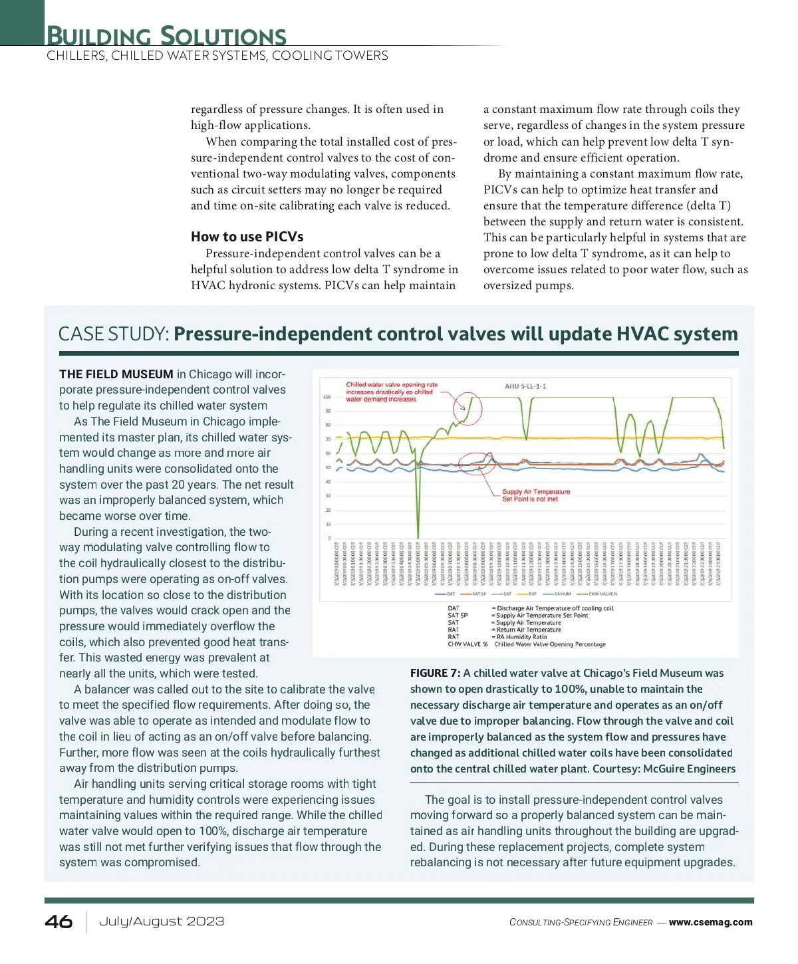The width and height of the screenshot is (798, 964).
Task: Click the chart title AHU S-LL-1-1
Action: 525,386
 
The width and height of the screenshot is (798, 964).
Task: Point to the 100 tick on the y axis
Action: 327,398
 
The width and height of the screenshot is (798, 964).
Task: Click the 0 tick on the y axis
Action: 329,539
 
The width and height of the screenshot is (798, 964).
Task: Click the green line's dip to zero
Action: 418,536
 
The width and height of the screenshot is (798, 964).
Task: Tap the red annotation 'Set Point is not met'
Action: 530,499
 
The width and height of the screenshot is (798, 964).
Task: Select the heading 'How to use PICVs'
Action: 247,237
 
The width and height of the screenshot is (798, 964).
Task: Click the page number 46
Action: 59,921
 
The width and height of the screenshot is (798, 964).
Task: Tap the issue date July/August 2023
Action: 162,921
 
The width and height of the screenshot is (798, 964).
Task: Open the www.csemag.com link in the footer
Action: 710,922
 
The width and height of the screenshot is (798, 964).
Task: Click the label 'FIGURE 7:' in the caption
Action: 435,673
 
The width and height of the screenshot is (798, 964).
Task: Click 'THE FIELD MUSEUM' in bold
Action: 116,374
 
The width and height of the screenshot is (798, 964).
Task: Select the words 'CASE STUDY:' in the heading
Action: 114,334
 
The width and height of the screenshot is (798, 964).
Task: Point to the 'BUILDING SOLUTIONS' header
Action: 166,35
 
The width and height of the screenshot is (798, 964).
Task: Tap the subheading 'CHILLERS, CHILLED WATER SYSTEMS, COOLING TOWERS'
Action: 217,56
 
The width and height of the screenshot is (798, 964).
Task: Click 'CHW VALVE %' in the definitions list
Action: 467,644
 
